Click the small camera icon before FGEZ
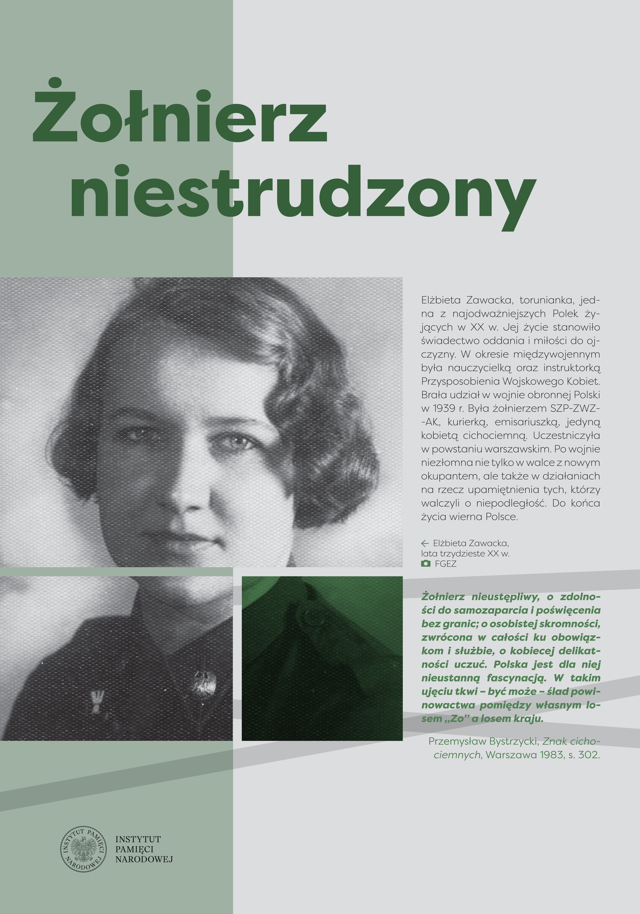point(426,564)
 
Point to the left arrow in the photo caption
point(425,543)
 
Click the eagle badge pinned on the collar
point(204,683)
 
